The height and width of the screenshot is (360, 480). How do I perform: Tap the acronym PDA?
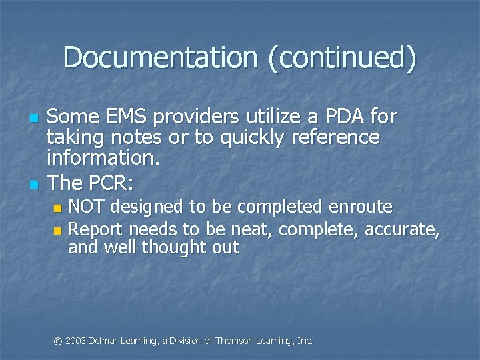click(345, 117)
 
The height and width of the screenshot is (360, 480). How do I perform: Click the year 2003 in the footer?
click(75, 341)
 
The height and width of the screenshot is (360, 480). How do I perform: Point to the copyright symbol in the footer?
click(58, 341)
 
